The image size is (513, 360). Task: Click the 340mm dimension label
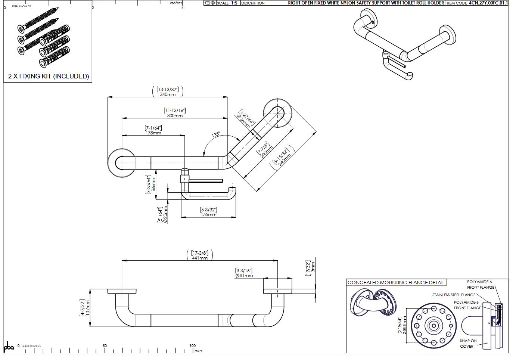tap(168, 94)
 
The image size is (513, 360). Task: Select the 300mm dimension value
tap(175, 116)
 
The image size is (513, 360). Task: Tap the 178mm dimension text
tap(153, 133)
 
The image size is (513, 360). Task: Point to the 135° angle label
tap(216, 134)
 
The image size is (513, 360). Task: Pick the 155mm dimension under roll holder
tap(208, 215)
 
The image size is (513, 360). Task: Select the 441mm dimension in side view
tap(200, 258)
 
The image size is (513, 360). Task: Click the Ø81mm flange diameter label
tap(244, 276)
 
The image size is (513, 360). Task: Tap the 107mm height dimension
tap(88, 308)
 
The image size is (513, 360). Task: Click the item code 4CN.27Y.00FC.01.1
tap(488, 3)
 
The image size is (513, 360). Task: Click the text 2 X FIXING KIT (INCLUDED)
tap(49, 76)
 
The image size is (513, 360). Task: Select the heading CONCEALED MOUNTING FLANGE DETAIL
tap(396, 283)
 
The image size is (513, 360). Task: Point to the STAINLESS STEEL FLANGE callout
tap(454, 295)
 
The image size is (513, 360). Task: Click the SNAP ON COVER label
tap(467, 344)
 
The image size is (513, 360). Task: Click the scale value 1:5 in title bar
tap(234, 3)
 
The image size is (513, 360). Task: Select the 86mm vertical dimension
tap(153, 184)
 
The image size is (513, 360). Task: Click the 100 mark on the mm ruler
tap(192, 346)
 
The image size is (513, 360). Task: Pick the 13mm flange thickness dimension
tap(313, 268)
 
